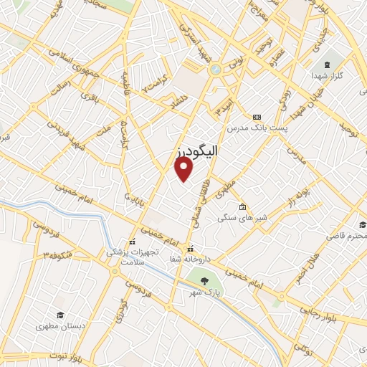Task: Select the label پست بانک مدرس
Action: point(257,128)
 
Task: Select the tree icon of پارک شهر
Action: point(206,280)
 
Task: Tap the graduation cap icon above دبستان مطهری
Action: point(61,315)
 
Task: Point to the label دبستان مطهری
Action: point(61,326)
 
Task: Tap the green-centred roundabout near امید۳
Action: point(216,70)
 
